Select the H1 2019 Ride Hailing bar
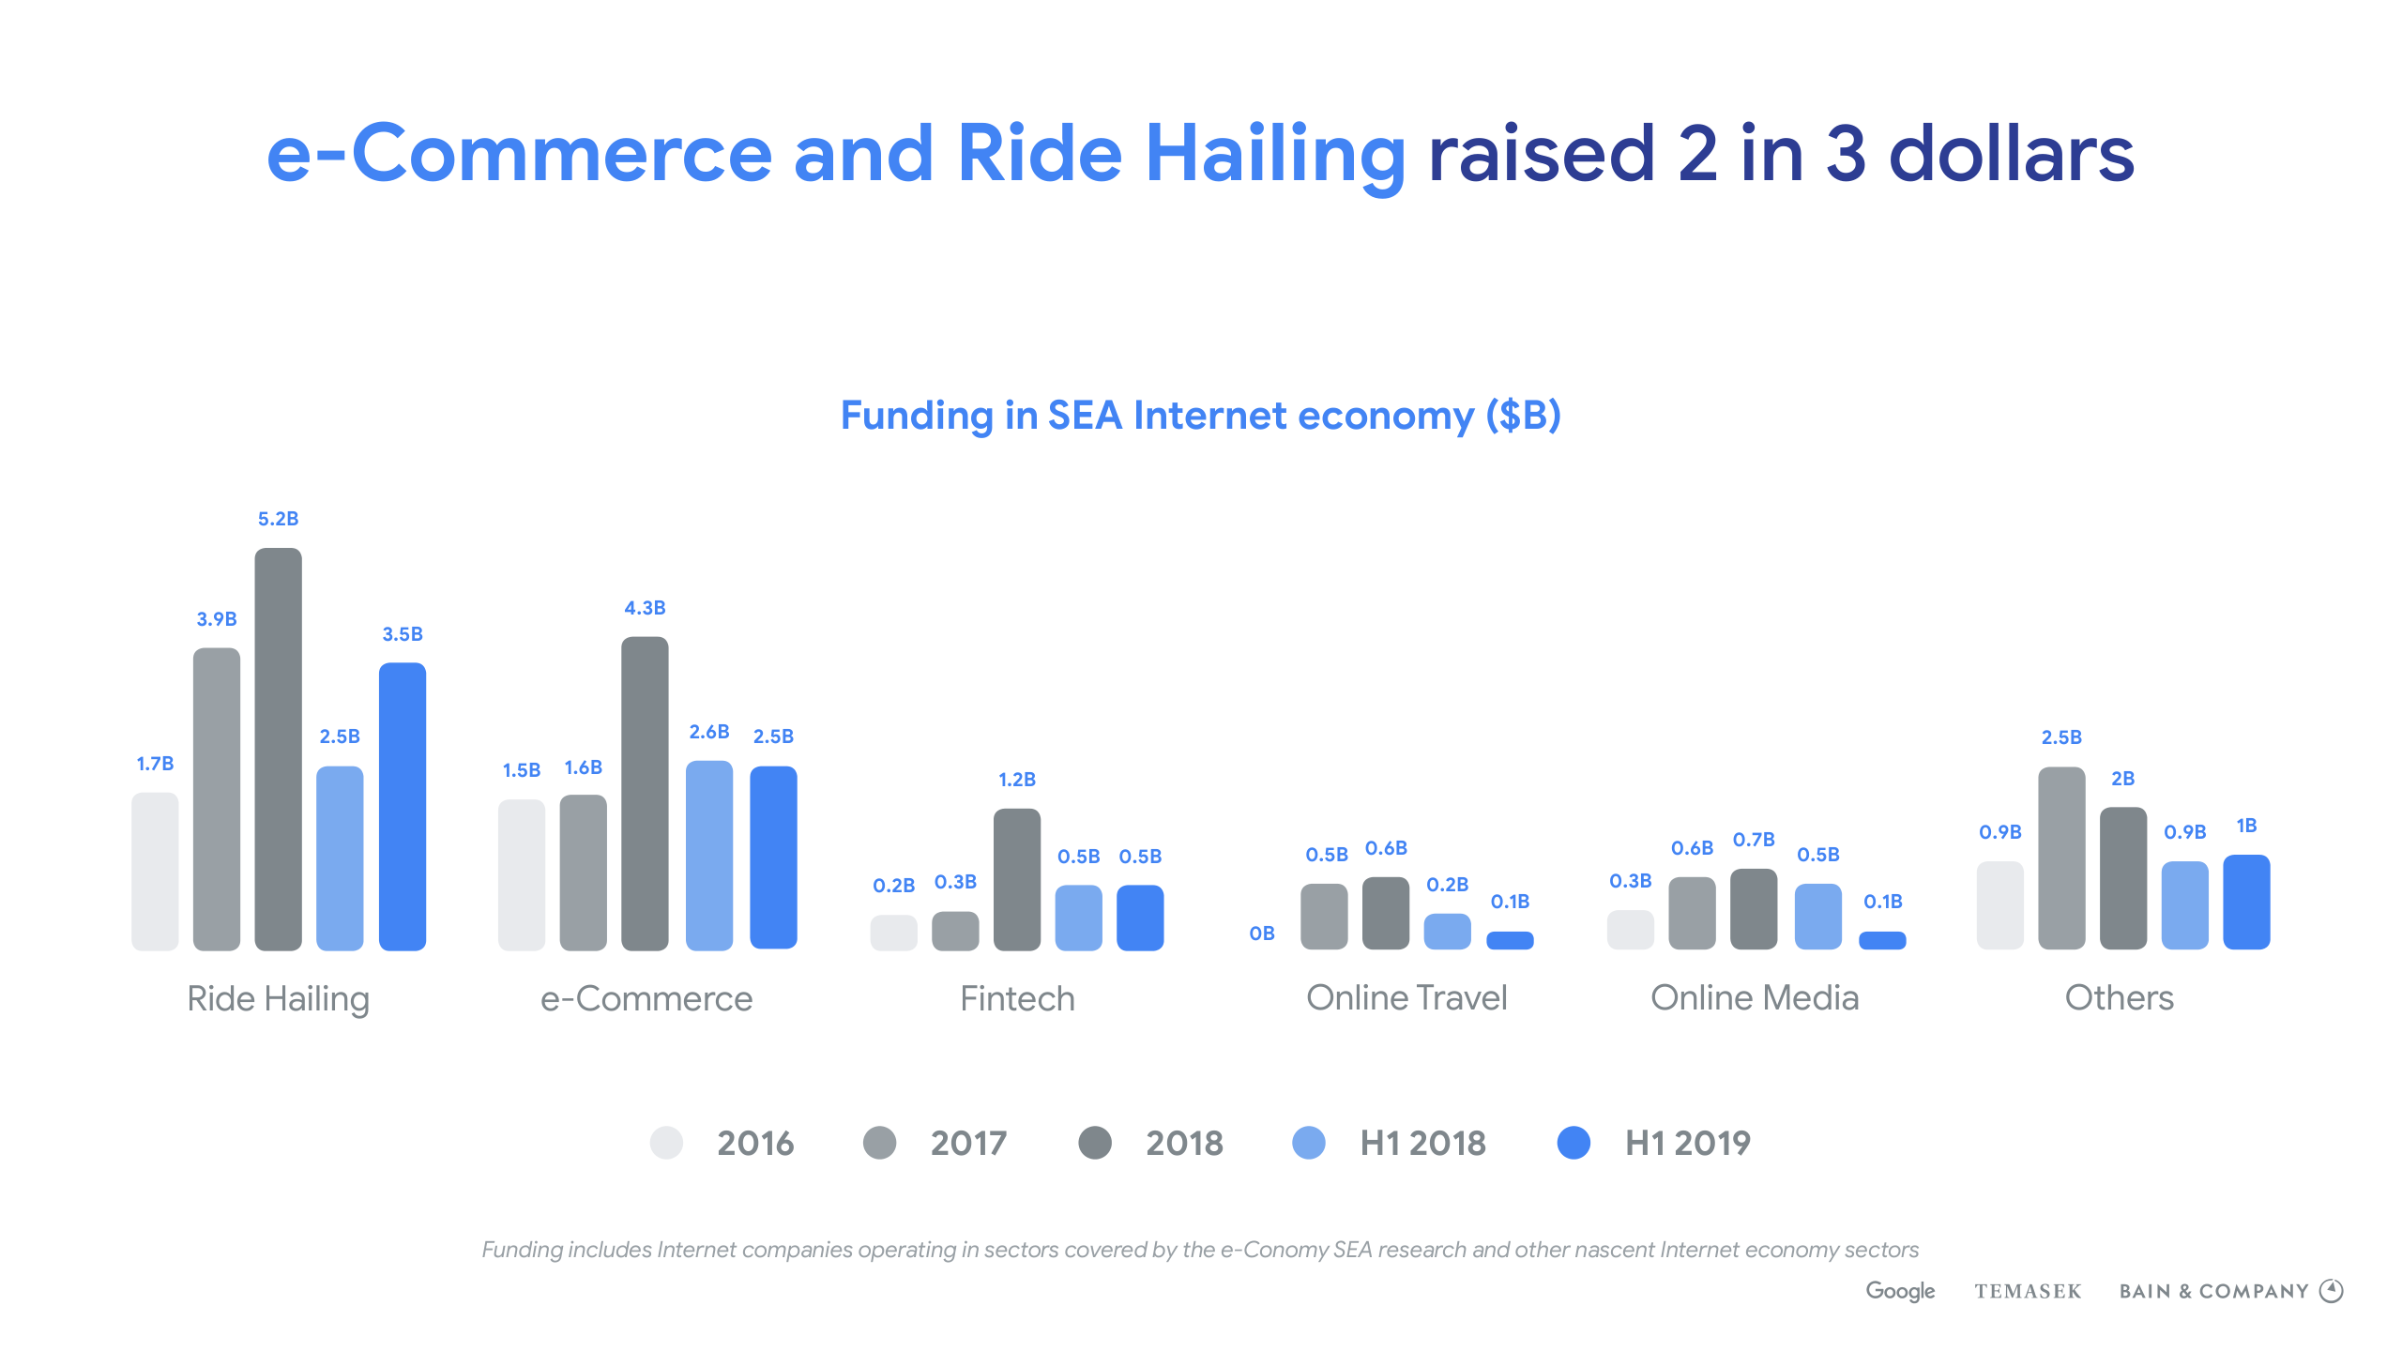pyautogui.click(x=402, y=807)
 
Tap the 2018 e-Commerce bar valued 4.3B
pyautogui.click(x=645, y=794)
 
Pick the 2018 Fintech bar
pyautogui.click(x=1016, y=879)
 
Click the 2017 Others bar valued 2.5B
pyautogui.click(x=2061, y=858)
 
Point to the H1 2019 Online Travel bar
pyautogui.click(x=1510, y=940)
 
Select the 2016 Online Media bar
pyautogui.click(x=1630, y=930)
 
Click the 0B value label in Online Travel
pyautogui.click(x=1262, y=934)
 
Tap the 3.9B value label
pyautogui.click(x=217, y=619)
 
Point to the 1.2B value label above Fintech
pyautogui.click(x=1017, y=780)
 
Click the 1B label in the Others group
pyautogui.click(x=2246, y=826)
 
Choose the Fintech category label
pyautogui.click(x=1017, y=998)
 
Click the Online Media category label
pyautogui.click(x=1755, y=997)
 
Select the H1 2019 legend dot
pyautogui.click(x=1573, y=1143)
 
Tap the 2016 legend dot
pyautogui.click(x=666, y=1143)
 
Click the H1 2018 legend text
pyautogui.click(x=1422, y=1143)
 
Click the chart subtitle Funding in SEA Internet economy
pyautogui.click(x=1200, y=416)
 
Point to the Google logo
pyautogui.click(x=1900, y=1291)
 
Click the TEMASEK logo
pyautogui.click(x=2028, y=1292)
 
